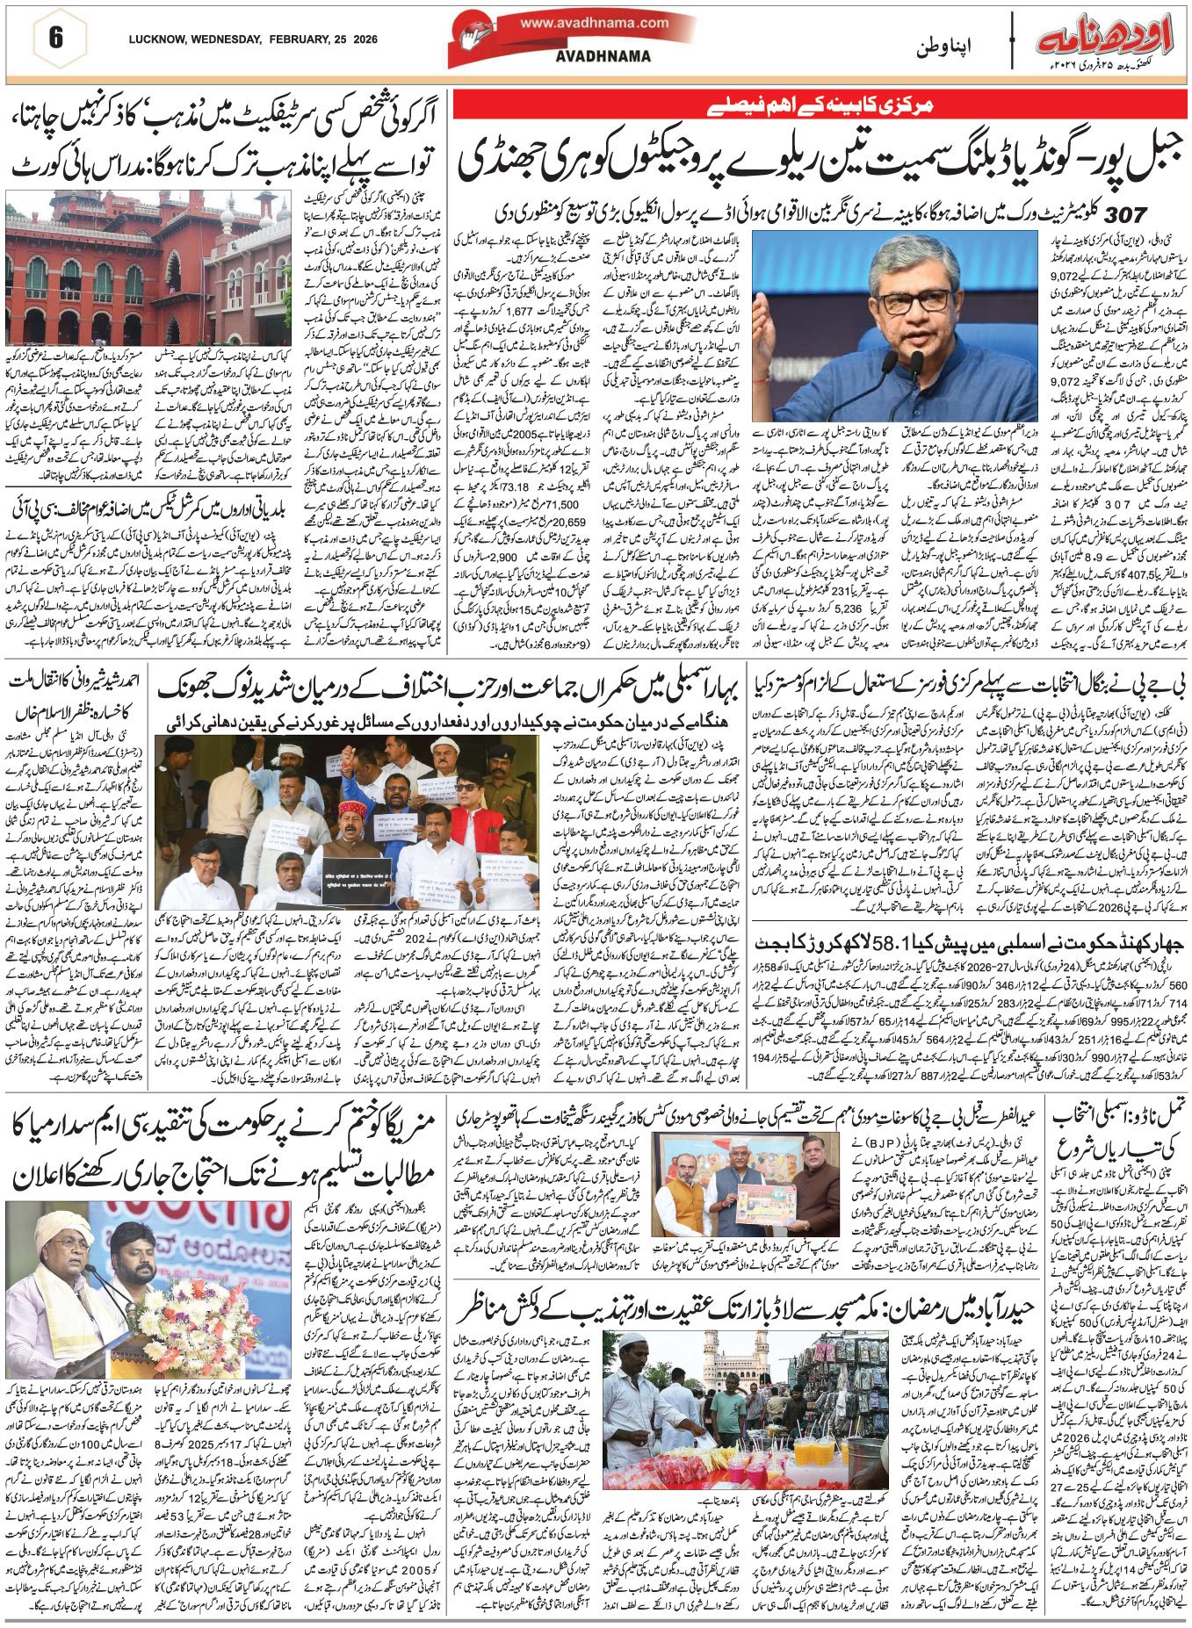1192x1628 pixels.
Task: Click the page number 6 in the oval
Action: pyautogui.click(x=56, y=40)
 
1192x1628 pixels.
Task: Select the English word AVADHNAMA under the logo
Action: pyautogui.click(x=591, y=56)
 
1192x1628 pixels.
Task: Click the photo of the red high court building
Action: pyautogui.click(x=148, y=267)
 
